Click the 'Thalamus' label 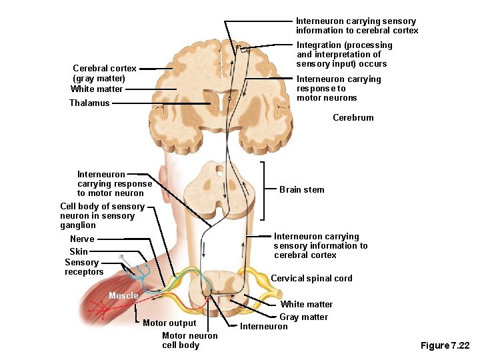[89, 103]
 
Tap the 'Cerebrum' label [353, 118]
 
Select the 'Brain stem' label [301, 190]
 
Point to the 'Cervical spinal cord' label [311, 279]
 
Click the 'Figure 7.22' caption [445, 345]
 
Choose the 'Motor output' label [169, 323]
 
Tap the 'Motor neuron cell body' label [189, 341]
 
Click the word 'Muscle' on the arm [123, 296]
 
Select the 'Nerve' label [82, 239]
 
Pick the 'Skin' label [79, 252]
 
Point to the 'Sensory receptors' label [84, 267]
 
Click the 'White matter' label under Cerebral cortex [97, 89]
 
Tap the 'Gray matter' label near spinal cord [303, 317]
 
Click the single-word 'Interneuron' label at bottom [263, 327]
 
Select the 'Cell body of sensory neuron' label [102, 215]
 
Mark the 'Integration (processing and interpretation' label [344, 55]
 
